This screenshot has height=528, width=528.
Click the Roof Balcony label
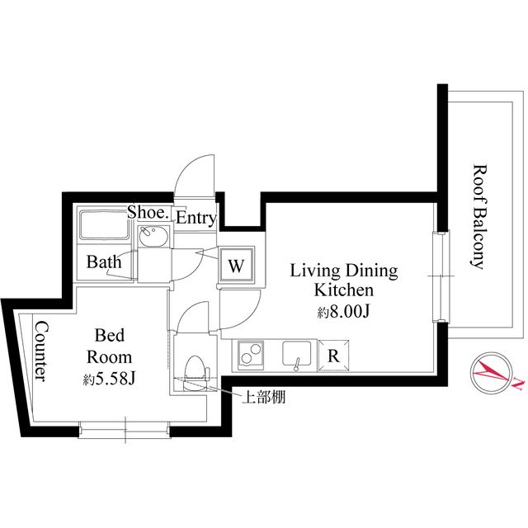(477, 217)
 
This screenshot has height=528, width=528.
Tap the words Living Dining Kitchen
(343, 280)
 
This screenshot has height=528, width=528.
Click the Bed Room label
(109, 346)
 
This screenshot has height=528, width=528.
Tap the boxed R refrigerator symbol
(334, 356)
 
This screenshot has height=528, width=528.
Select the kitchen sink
(296, 355)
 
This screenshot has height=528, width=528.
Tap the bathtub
(101, 226)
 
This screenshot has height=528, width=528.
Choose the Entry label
(196, 219)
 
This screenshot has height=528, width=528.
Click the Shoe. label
(148, 213)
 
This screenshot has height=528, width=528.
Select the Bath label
(104, 262)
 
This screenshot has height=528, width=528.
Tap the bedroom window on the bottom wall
(125, 429)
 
